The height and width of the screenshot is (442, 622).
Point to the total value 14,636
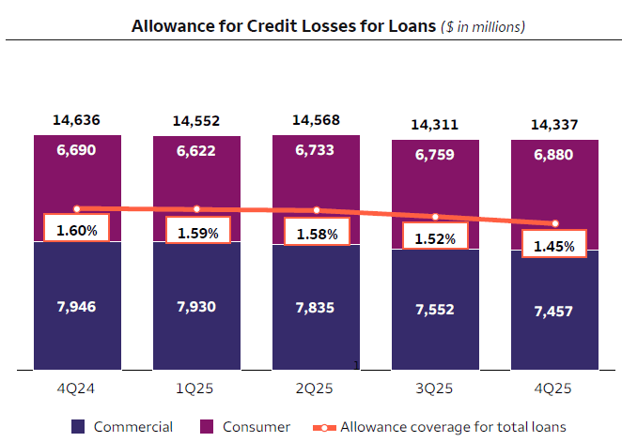click(77, 120)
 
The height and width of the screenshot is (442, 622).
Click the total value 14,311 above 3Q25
click(435, 124)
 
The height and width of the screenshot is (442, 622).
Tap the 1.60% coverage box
click(77, 228)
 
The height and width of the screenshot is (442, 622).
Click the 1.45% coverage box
click(554, 247)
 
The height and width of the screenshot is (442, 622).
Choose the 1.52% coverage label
click(435, 238)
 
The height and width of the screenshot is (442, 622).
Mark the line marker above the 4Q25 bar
click(554, 223)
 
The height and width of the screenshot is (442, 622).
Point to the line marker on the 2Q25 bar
click(316, 210)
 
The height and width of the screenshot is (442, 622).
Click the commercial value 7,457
click(554, 311)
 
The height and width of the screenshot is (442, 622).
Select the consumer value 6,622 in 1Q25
click(196, 150)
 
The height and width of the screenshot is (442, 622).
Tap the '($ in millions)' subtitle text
click(483, 27)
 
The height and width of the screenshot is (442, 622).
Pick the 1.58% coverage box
click(316, 234)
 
